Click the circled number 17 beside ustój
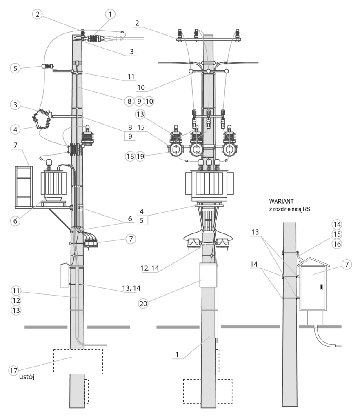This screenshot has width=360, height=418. point(13,371)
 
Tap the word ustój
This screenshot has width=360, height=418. point(27,377)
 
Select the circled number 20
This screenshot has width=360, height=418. point(143,303)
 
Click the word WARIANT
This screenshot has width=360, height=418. point(281,201)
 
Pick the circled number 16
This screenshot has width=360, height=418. point(337,244)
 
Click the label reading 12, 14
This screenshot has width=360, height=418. point(150,268)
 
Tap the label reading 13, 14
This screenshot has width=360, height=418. point(131,288)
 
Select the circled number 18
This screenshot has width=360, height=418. point(130,156)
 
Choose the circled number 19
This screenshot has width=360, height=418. point(140,156)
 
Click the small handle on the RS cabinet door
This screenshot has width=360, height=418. point(321,287)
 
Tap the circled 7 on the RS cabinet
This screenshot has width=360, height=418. point(347,265)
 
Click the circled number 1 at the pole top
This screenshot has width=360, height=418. point(110,14)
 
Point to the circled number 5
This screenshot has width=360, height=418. point(15,68)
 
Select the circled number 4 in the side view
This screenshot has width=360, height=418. point(15,129)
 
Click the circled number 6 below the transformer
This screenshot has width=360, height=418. point(15,221)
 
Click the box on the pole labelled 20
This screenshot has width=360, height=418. point(209,275)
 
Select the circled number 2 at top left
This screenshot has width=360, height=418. point(37,14)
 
